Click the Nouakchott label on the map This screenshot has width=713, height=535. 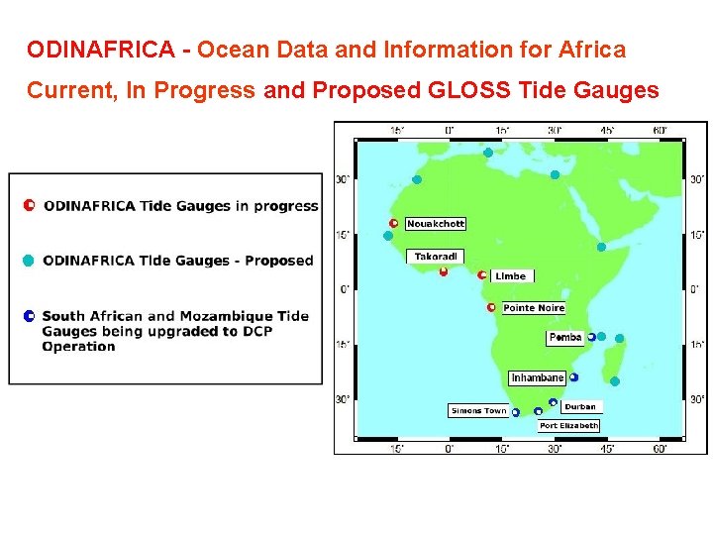(x=436, y=224)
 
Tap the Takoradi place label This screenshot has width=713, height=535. (x=435, y=257)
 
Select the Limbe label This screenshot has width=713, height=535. (x=511, y=275)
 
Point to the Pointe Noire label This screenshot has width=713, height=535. (x=534, y=308)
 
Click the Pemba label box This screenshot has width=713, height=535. (x=565, y=338)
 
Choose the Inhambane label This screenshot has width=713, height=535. (x=538, y=377)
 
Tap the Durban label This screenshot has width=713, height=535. (x=580, y=406)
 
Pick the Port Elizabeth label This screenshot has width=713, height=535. (x=568, y=425)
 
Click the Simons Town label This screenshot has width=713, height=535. (x=479, y=411)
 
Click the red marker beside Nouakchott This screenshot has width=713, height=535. (x=394, y=224)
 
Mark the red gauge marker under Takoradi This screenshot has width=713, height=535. (x=444, y=271)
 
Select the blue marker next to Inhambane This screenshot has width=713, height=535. (x=574, y=377)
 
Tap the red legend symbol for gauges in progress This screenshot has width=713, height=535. (x=29, y=206)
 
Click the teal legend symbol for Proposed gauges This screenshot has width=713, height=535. (x=29, y=261)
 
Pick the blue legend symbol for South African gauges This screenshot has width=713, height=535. (x=29, y=316)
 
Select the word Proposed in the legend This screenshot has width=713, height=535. (x=278, y=261)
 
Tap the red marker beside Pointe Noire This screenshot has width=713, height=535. (x=491, y=308)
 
